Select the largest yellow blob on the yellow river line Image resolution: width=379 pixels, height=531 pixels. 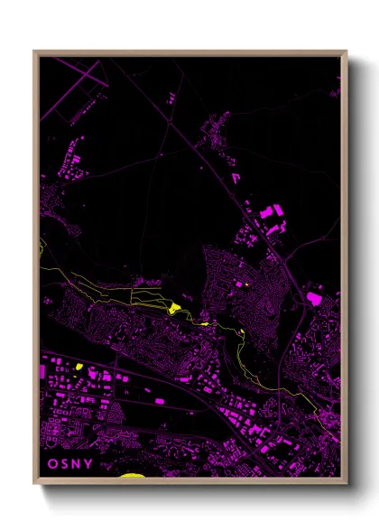pos(174,309)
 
